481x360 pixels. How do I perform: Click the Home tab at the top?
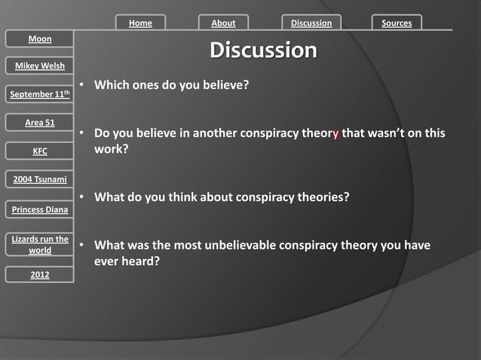(140, 23)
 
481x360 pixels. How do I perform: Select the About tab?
(223, 23)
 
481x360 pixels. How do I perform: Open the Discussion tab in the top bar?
(311, 23)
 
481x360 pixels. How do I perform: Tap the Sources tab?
(397, 23)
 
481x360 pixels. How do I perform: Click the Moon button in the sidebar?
(40, 38)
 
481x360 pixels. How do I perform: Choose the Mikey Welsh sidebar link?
(40, 66)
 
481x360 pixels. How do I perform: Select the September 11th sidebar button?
(41, 94)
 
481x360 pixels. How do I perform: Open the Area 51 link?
(40, 122)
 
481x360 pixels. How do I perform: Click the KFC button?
(40, 151)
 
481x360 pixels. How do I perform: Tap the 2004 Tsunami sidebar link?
(40, 179)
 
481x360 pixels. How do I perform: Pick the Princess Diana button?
(40, 209)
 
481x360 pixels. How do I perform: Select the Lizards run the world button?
(40, 245)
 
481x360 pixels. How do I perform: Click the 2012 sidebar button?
(40, 275)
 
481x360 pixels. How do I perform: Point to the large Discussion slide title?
(263, 50)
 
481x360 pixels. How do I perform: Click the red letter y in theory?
(335, 134)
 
